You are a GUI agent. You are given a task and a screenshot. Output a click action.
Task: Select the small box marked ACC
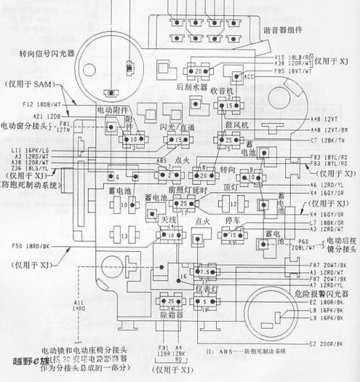click(251, 74)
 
